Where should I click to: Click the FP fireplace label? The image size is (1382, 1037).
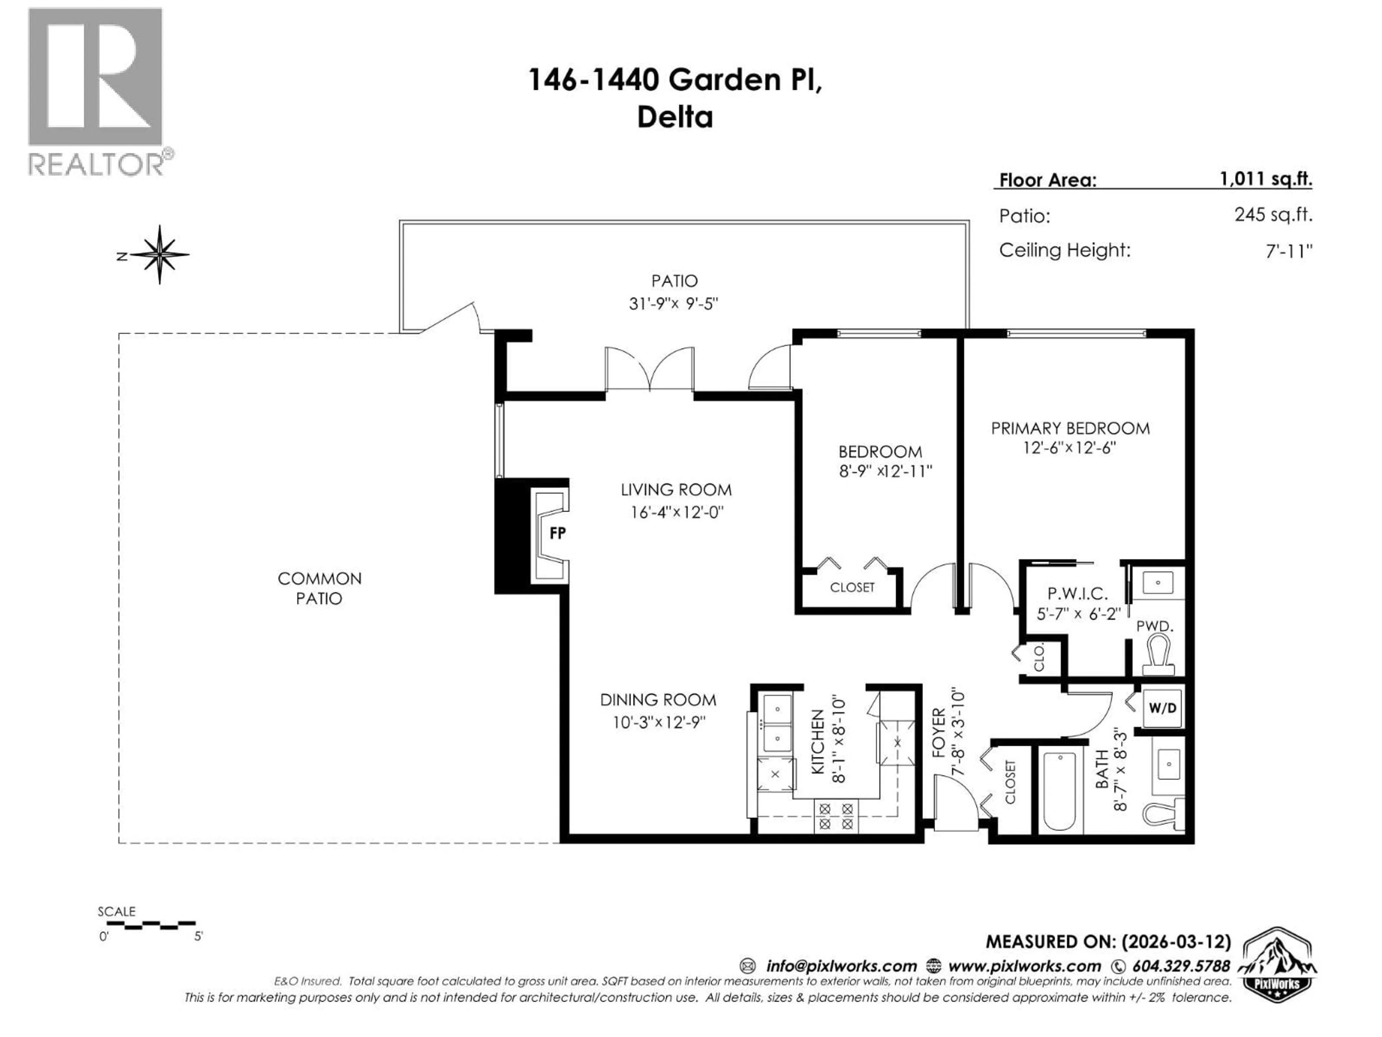point(557,533)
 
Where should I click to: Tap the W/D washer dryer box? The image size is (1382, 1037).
point(1162,708)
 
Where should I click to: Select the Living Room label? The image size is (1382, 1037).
point(676,489)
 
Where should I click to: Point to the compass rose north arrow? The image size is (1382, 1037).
point(159,255)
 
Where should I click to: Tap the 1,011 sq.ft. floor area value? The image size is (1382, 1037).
point(1266,179)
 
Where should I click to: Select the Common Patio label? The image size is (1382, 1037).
point(319,588)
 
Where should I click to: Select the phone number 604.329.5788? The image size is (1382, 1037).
point(1181,966)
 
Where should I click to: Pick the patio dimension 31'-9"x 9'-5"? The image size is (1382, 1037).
point(673,304)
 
